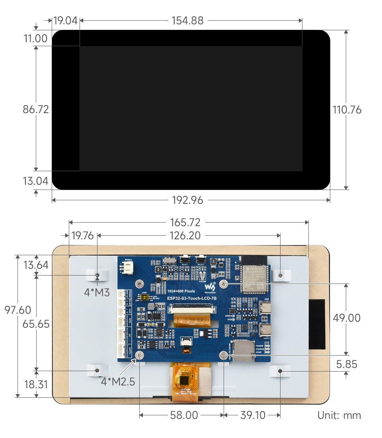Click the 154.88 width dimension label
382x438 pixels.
point(187,21)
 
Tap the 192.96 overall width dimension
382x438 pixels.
point(187,200)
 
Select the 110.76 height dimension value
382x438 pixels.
point(347,109)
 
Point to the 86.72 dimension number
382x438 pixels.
point(36,109)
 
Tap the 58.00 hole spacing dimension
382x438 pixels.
point(184,415)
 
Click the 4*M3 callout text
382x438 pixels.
point(97,292)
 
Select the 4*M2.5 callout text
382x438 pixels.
point(118,381)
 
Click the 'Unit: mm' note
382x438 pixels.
point(339,415)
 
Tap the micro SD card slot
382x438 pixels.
point(243,351)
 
